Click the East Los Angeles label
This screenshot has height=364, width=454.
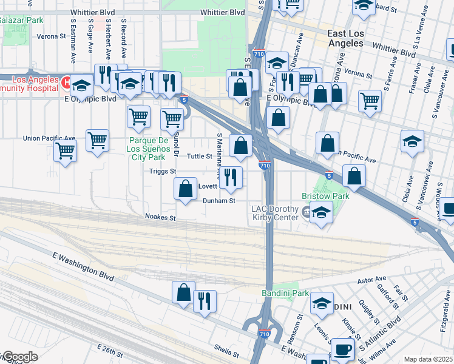354,38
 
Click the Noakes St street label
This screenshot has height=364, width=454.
160,217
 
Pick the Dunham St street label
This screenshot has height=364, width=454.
219,201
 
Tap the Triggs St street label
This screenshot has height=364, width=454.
163,171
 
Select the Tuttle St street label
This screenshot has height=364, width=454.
198,156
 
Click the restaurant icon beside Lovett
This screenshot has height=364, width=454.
231,177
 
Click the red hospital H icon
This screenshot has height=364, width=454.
65,81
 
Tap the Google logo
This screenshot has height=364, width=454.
19,357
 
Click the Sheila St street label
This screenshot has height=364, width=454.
226,348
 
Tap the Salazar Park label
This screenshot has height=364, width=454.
21,20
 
